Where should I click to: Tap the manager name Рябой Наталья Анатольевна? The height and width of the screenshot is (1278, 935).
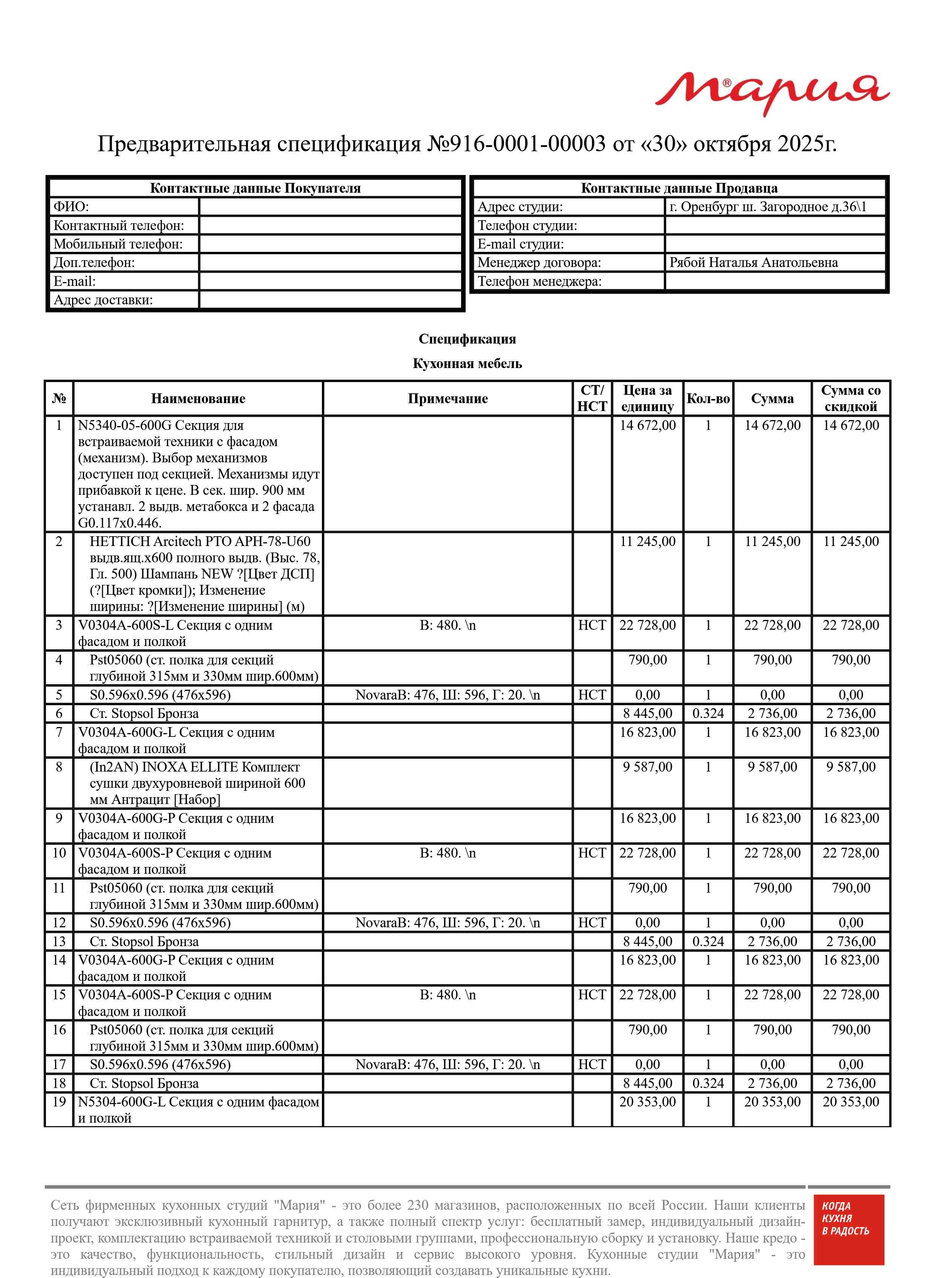[x=753, y=262]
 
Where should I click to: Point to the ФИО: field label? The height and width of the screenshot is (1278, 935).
[x=71, y=207]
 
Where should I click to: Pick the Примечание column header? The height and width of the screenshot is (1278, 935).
[x=447, y=399]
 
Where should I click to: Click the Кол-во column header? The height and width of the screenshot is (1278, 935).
[x=708, y=399]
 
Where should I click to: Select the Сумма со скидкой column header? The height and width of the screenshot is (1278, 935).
[x=851, y=399]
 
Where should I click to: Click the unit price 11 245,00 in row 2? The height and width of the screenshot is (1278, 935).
[x=647, y=542]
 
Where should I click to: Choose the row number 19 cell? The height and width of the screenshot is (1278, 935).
[x=59, y=1102]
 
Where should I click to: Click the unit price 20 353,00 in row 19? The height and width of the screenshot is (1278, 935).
[x=647, y=1102]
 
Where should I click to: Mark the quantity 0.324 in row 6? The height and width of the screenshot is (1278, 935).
[x=708, y=714]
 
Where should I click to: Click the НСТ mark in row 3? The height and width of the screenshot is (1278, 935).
[x=592, y=625]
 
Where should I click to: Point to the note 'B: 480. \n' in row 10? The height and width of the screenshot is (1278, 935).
[x=447, y=853]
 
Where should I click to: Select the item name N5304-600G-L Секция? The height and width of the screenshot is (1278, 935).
[x=198, y=1109]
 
